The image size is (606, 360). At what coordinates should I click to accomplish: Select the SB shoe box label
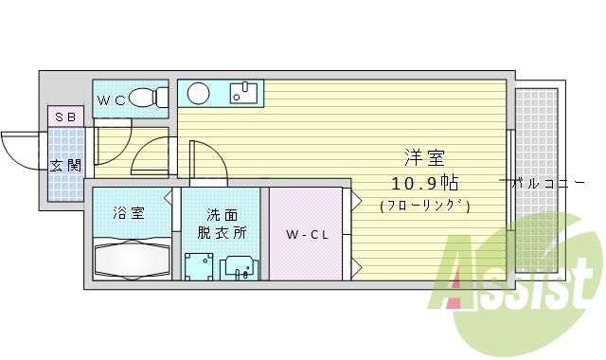pos(65,117)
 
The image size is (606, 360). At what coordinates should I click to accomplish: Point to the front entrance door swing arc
pos(19,152)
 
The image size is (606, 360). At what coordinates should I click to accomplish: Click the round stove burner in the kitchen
pos(198,93)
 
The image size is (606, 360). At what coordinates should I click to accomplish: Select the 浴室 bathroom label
pos(129,212)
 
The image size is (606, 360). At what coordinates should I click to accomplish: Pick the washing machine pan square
pos(198,266)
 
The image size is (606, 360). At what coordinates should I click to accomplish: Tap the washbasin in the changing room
pos(239,267)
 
